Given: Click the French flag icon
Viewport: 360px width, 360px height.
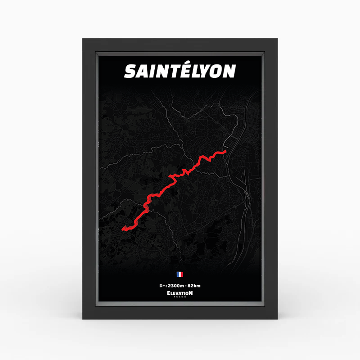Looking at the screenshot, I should [x=180, y=274].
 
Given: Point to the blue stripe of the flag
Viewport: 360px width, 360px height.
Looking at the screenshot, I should [x=178, y=274].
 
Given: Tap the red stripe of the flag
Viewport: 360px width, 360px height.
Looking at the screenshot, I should [x=181, y=274].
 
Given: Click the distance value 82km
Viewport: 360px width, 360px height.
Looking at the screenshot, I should [x=194, y=285].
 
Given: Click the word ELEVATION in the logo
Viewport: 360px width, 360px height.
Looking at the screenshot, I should [x=180, y=293].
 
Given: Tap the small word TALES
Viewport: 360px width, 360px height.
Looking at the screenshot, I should [x=180, y=297].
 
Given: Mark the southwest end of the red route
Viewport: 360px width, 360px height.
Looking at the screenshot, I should [x=123, y=230].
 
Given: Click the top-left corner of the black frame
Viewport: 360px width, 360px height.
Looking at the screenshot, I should [x=83, y=40].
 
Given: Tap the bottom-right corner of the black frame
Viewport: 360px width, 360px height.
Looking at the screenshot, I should [x=277, y=319].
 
